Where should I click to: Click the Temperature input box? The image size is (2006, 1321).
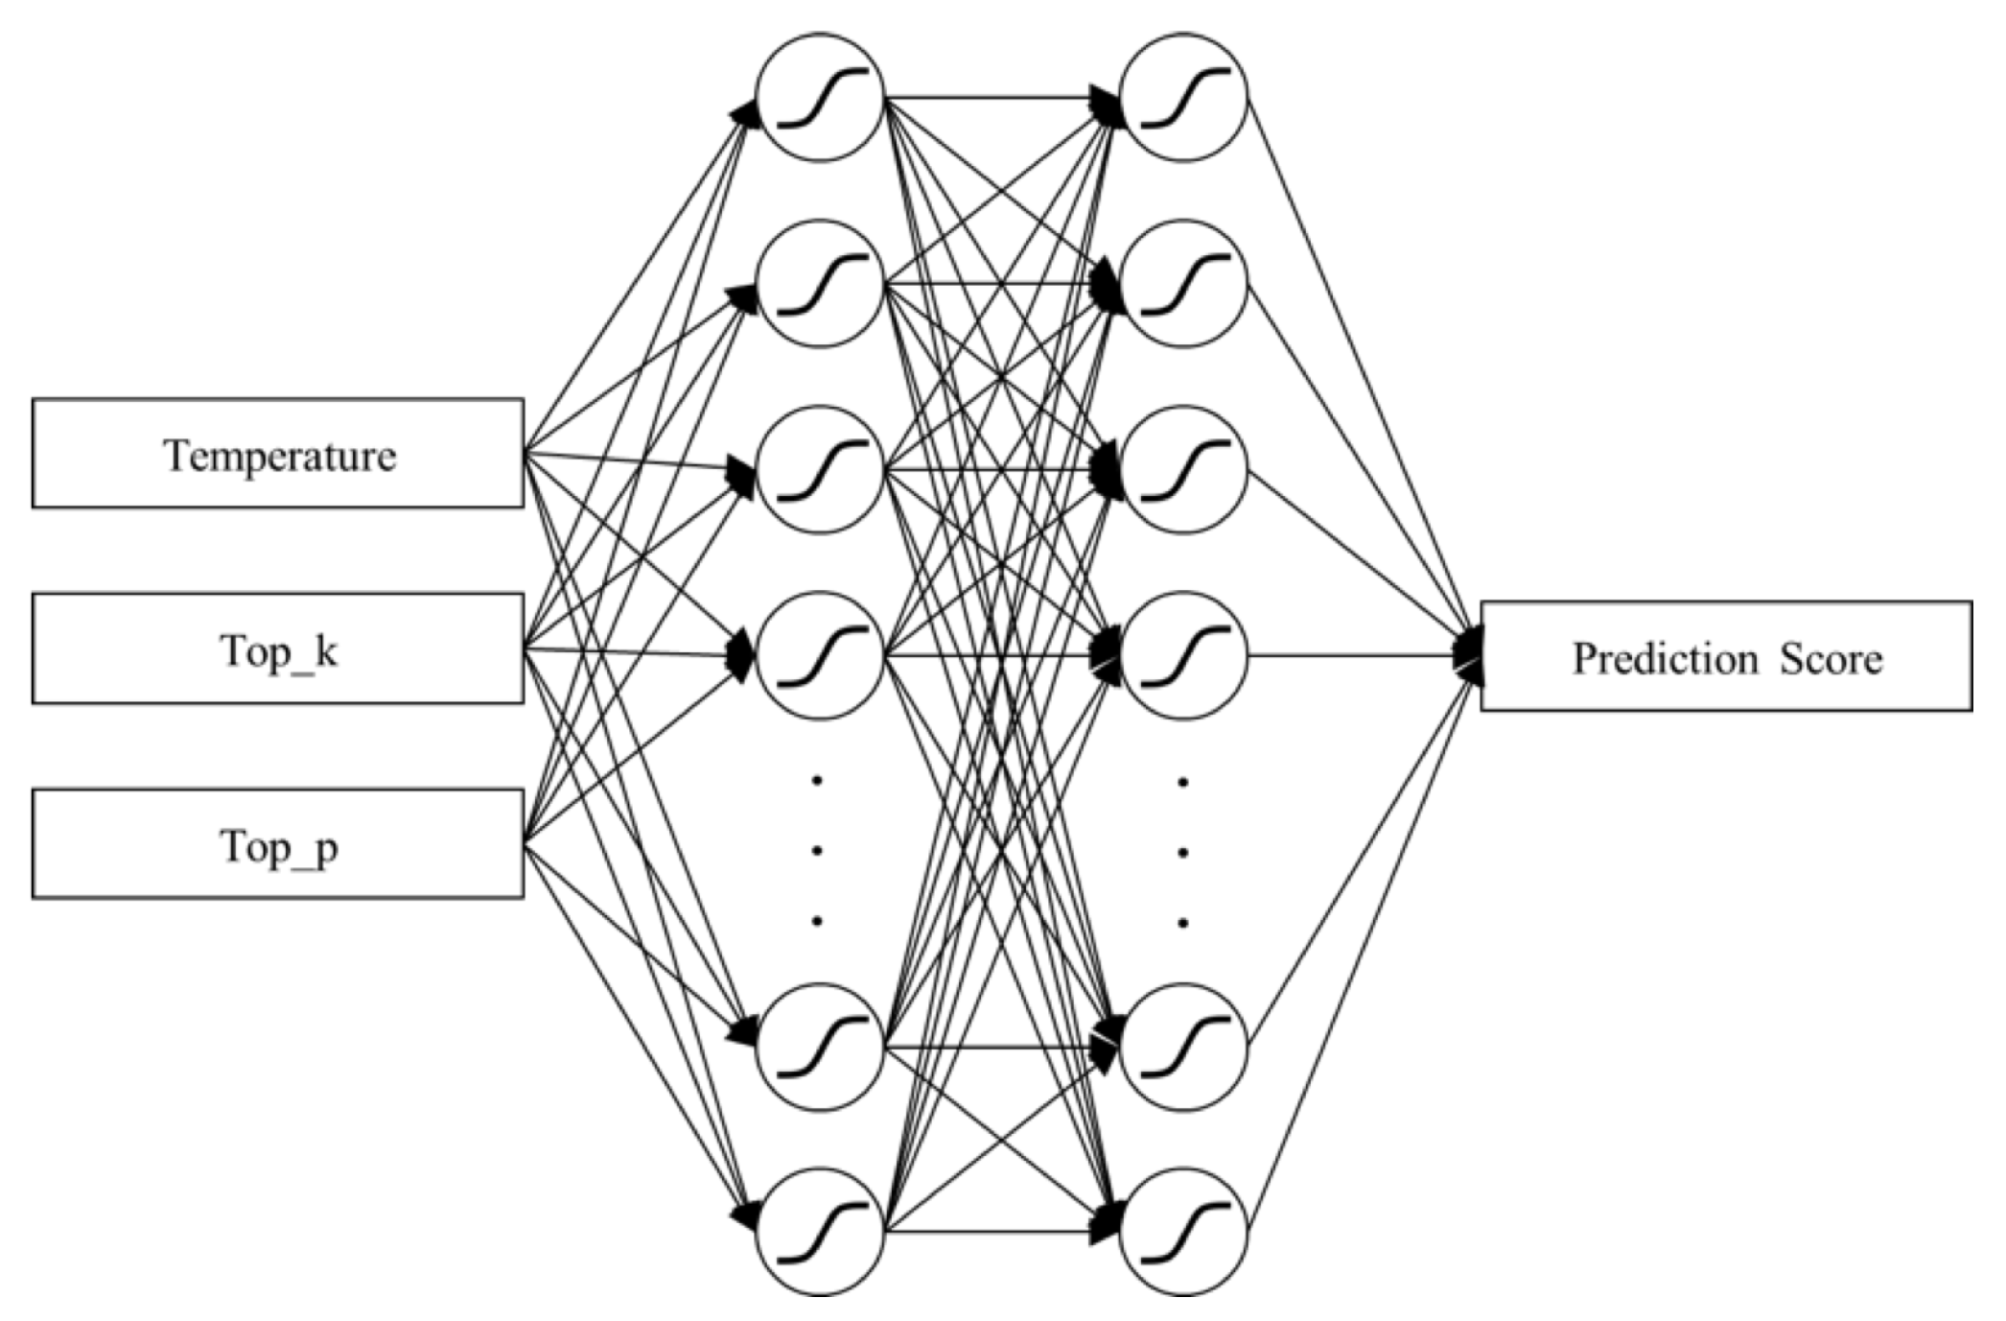click(278, 453)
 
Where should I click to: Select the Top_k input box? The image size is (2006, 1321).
click(278, 649)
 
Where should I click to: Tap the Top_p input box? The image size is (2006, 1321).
click(278, 844)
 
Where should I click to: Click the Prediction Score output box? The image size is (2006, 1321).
click(1726, 656)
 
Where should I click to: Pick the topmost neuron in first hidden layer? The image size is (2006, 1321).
click(819, 97)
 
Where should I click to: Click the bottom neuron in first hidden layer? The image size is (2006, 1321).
click(819, 1232)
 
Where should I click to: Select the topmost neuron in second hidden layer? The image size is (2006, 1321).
click(1183, 97)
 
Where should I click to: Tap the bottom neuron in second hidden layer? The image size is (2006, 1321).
click(1183, 1232)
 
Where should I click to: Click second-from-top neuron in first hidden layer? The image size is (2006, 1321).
click(819, 284)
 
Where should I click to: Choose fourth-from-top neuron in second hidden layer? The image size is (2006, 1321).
click(1183, 656)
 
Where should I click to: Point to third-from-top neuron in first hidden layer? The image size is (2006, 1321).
click(819, 470)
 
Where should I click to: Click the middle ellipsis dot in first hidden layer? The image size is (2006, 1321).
click(817, 851)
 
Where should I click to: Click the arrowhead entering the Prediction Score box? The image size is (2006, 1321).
click(1469, 656)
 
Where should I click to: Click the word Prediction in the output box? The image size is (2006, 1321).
click(1666, 659)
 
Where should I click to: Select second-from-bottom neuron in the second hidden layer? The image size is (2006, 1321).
click(1183, 1047)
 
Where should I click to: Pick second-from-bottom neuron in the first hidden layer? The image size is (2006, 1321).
click(819, 1047)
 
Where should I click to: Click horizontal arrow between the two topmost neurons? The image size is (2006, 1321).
click(997, 97)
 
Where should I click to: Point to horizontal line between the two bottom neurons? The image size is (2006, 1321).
click(997, 1232)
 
